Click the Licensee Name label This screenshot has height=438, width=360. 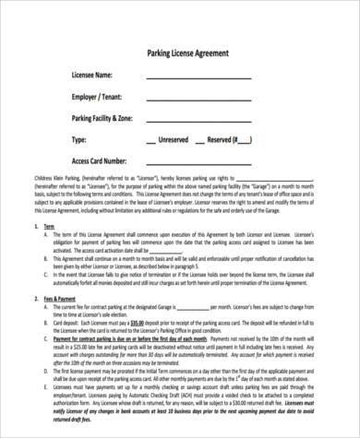(92, 75)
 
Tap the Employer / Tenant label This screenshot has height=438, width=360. (98, 96)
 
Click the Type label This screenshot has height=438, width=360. (78, 140)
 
